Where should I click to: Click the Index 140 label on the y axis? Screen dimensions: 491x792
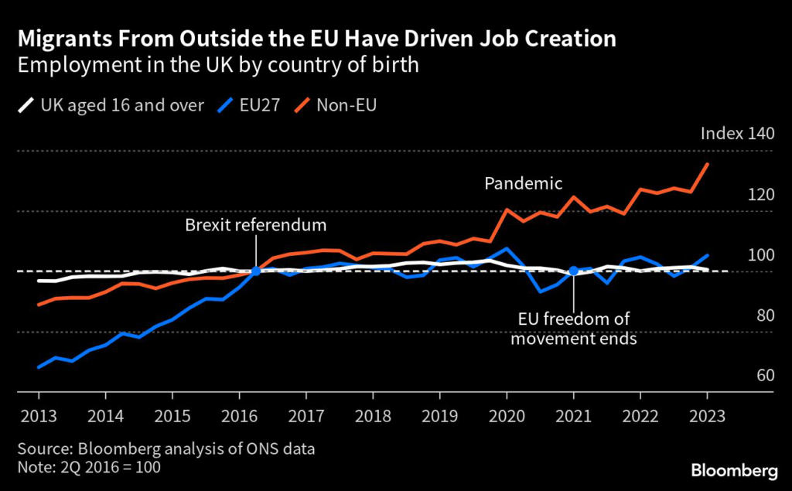tap(736, 133)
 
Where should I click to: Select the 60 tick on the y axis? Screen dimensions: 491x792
tap(764, 375)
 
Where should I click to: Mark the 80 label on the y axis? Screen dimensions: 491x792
tap(764, 315)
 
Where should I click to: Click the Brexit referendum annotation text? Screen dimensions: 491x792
tap(256, 225)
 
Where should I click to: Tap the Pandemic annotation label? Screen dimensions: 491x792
tap(523, 183)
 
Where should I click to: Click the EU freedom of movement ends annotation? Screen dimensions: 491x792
tap(573, 329)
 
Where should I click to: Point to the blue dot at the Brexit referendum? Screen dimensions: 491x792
tap(256, 271)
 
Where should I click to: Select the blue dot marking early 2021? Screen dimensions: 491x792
tap(573, 271)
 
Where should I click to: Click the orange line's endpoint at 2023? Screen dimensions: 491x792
tap(707, 164)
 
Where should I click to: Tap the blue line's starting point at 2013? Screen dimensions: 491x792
tap(39, 367)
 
